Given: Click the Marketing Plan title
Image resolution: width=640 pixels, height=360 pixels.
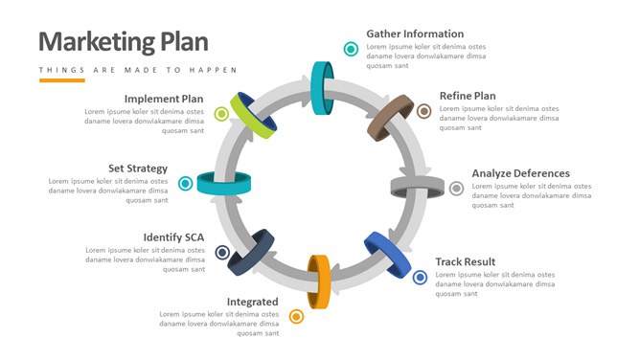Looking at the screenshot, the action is [124, 42].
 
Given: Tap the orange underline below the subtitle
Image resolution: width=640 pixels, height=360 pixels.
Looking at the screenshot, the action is [62, 80].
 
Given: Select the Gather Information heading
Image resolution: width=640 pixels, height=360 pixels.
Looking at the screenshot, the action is [415, 34].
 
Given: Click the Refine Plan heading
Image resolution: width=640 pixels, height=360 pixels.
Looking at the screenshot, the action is [468, 96].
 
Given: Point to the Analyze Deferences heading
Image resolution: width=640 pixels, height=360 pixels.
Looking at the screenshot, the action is [521, 173].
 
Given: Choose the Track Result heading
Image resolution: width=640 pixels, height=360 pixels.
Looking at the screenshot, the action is [466, 261].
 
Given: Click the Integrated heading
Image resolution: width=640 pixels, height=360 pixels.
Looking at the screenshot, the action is [252, 302].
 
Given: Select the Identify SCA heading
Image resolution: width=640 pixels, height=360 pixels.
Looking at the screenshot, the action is [173, 237].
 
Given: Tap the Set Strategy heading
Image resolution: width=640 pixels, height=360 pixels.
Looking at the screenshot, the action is [138, 169].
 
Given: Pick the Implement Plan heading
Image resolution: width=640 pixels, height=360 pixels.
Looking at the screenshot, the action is [164, 99].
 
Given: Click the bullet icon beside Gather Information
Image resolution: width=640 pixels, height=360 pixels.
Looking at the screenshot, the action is [351, 49].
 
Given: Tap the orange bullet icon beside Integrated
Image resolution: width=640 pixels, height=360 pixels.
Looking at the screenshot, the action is [296, 316].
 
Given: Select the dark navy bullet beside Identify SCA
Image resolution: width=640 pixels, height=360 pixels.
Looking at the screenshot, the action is [222, 253].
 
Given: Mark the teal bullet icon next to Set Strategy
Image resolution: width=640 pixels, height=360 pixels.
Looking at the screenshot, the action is [185, 184].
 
